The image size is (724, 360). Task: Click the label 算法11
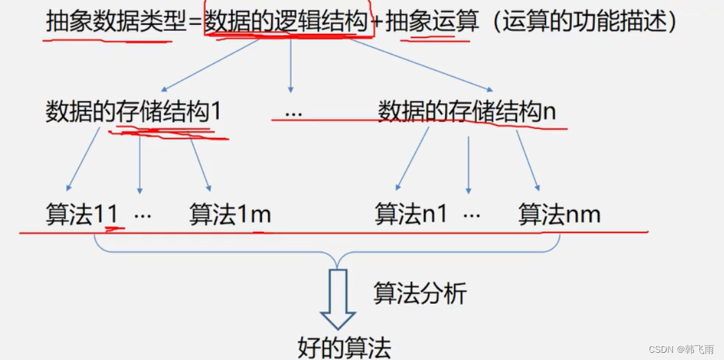coord(82,214)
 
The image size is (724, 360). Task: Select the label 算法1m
coord(230,214)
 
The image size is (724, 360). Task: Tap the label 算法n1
coord(411,214)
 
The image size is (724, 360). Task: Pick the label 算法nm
coord(559,214)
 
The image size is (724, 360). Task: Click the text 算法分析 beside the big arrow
coord(420,293)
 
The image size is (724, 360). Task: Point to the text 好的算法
coord(344,347)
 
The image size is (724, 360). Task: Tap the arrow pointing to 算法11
coord(84,160)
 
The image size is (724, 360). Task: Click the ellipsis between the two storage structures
coord(293,112)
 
